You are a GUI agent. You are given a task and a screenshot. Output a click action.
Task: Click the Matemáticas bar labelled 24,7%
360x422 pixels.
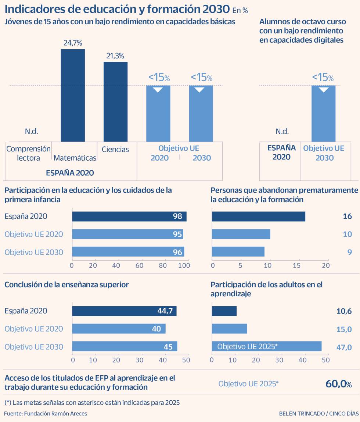pos(73,95)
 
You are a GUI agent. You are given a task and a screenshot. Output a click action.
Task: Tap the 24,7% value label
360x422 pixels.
pos(73,43)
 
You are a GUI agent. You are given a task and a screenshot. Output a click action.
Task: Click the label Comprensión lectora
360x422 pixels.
pos(28,153)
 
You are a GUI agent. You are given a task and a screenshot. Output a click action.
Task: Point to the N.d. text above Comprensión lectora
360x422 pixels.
pos(32,131)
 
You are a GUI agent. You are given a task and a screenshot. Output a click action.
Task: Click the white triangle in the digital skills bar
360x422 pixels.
pos(324,89)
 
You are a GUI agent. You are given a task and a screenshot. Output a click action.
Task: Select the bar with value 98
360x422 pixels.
pos(129,217)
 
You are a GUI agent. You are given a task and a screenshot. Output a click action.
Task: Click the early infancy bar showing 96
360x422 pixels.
pos(128,252)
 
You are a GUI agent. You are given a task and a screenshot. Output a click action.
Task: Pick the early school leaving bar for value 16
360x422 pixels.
pos(258,217)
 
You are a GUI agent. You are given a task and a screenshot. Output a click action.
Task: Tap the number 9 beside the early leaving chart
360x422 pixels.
pos(349,252)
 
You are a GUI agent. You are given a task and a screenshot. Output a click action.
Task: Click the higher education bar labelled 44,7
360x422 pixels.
pos(124,311)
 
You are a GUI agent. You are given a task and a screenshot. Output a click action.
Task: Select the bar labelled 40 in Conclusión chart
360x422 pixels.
pos(119,329)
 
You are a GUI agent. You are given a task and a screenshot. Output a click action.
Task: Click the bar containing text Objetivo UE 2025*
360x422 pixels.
pos(266,346)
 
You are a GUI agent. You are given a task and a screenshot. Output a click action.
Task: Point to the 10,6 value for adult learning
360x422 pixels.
pos(344,311)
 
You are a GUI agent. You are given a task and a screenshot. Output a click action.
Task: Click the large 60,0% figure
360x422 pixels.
pos(338,384)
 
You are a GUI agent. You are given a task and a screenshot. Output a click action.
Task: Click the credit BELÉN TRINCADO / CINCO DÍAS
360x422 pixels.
pos(317,414)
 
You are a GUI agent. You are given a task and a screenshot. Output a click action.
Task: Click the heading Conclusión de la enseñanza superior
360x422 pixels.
pos(66,285)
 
